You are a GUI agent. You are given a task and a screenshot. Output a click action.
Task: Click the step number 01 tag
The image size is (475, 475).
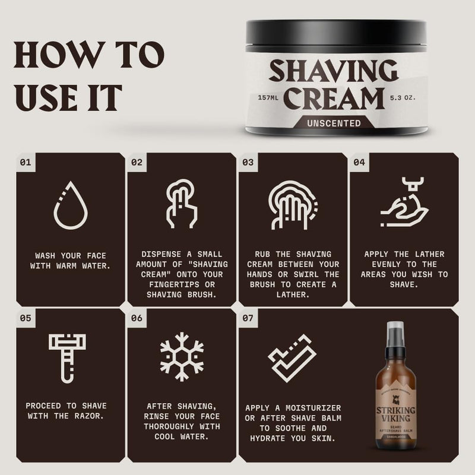coord(26,161)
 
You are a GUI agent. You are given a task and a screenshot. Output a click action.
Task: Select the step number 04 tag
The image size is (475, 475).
coord(359,161)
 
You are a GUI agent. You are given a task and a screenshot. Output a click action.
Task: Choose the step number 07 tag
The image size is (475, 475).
coord(248,318)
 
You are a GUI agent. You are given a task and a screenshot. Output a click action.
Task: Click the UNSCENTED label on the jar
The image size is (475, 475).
coord(334,123)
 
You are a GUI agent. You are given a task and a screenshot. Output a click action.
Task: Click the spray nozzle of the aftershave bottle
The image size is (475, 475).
coord(394,332)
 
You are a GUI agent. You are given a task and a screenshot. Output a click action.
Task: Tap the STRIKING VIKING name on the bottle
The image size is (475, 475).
coord(394,414)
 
